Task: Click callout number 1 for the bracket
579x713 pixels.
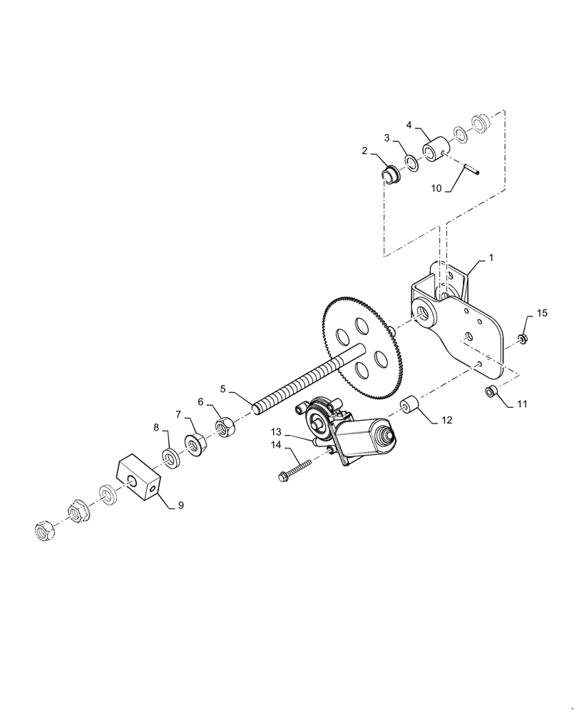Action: [491, 255]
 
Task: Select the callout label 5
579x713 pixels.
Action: [223, 389]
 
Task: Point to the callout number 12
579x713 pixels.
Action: [446, 421]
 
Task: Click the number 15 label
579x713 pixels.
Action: [542, 314]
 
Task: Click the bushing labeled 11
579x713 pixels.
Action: [491, 391]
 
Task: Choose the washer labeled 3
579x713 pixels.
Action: [412, 163]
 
